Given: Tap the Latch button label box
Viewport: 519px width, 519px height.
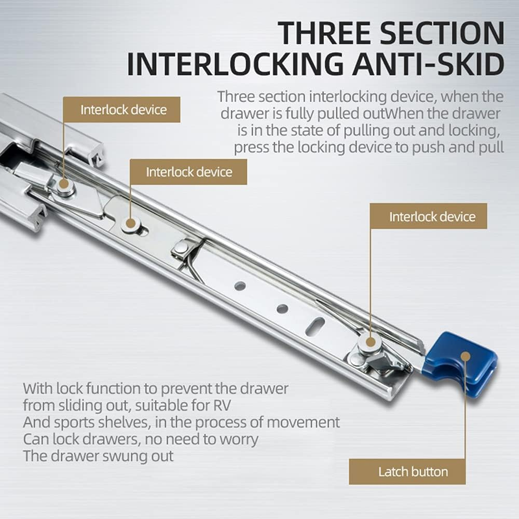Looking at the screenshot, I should [406, 472].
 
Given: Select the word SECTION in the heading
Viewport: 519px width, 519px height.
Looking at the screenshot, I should [444, 33].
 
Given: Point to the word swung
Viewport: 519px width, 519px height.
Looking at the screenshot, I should [122, 456].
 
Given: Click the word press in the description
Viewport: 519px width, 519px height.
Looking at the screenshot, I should [251, 147].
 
